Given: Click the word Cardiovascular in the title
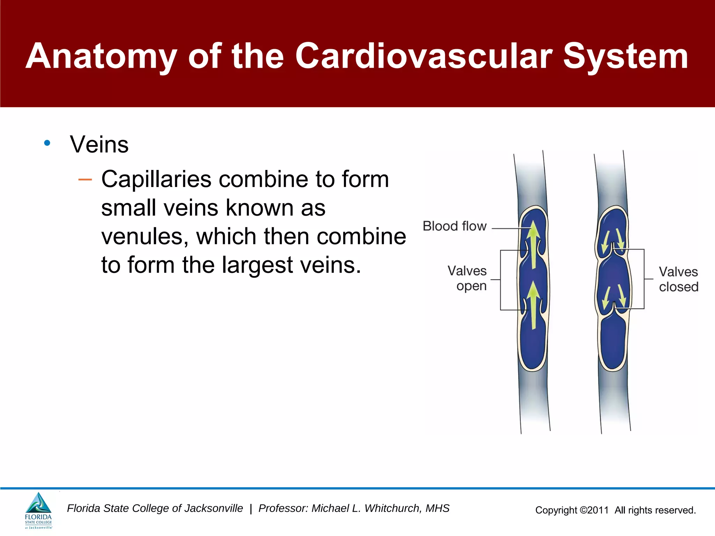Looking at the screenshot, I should click(424, 56).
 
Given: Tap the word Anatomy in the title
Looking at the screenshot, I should click(101, 56).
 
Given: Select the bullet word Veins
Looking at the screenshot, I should click(99, 144).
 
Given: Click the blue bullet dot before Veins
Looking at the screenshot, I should click(47, 143).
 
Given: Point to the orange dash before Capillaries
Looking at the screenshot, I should click(85, 180).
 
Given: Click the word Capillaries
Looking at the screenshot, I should click(156, 179).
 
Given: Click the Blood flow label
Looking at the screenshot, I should click(455, 226).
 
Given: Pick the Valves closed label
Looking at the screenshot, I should click(678, 279).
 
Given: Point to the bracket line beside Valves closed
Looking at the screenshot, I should click(644, 279).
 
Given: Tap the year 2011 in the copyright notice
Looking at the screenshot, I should click(598, 510).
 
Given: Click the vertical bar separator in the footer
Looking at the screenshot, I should click(251, 509).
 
